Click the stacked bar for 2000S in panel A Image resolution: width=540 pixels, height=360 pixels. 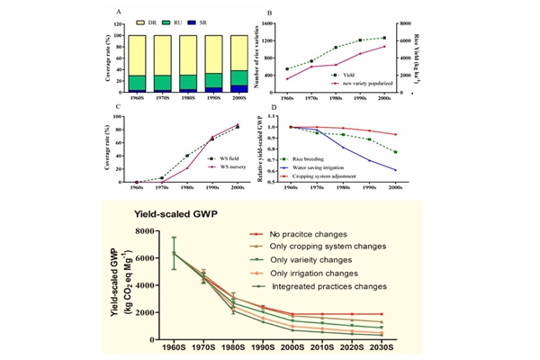coord(238,64)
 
